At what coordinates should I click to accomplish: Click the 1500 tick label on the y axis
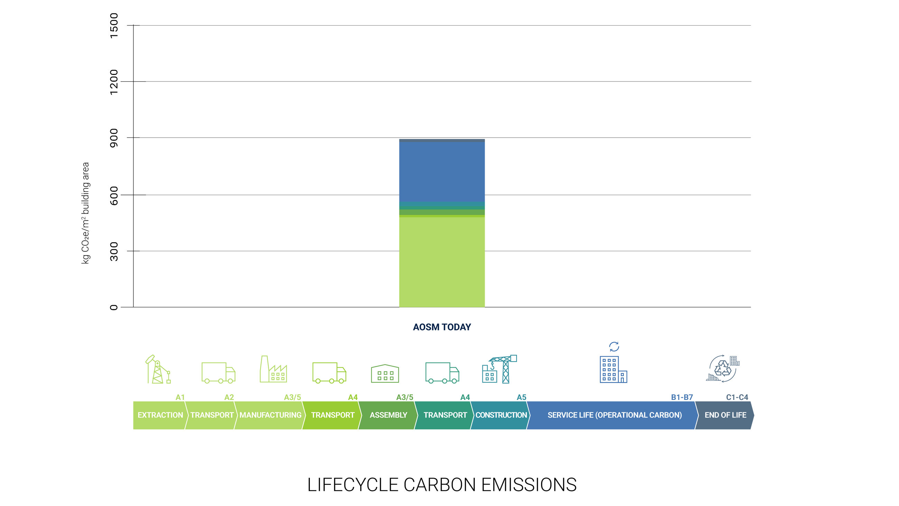(x=114, y=26)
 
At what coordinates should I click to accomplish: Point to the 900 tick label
(x=114, y=138)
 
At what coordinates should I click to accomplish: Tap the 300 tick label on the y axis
(x=114, y=251)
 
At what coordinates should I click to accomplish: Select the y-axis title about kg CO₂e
(x=85, y=213)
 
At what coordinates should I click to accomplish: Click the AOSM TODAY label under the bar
(x=442, y=327)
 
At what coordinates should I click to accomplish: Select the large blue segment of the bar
(x=442, y=172)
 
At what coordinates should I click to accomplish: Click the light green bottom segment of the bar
(x=442, y=262)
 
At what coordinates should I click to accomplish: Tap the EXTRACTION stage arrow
(x=160, y=415)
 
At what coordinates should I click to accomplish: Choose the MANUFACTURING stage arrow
(x=270, y=415)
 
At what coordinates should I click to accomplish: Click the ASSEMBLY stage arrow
(x=388, y=415)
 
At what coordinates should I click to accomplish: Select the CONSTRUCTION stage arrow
(x=500, y=415)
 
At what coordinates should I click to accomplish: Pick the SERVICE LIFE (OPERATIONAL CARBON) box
(x=614, y=415)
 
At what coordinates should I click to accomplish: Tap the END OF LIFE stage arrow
(x=725, y=415)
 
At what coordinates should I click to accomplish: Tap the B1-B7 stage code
(x=682, y=397)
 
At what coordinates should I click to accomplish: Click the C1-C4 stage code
(x=737, y=397)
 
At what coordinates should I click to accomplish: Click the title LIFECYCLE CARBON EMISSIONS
(x=442, y=485)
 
